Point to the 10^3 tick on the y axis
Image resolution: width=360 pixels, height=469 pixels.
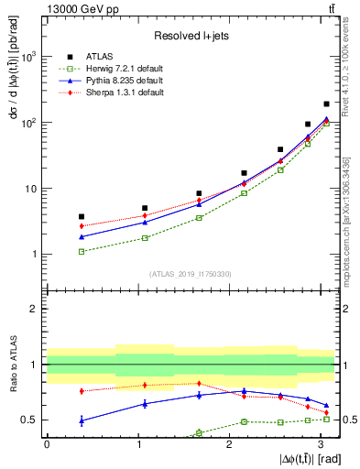[33, 57]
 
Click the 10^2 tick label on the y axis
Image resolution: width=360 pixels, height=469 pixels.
[33, 123]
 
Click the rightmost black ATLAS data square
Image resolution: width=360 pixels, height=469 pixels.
[326, 104]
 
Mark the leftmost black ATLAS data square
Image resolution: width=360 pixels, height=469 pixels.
[82, 216]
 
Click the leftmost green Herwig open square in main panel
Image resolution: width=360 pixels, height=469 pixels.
[82, 251]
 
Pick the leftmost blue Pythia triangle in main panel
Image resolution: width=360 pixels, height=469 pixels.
[82, 237]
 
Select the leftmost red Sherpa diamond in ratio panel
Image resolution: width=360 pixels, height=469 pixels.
[82, 391]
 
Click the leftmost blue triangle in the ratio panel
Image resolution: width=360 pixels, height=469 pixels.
[82, 420]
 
